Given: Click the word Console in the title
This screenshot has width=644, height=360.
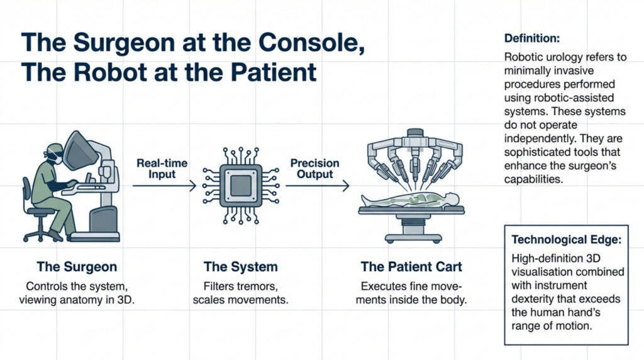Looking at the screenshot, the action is (311, 42).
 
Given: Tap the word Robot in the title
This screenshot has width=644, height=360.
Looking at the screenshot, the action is (110, 72).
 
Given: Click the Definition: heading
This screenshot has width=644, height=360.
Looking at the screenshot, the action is (532, 38).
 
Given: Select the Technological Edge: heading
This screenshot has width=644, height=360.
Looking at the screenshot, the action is (567, 240).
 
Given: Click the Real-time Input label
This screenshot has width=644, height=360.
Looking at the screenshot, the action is (162, 169).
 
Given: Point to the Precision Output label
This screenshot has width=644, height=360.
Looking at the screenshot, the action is (314, 169).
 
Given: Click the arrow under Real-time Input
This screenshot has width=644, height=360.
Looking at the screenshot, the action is (164, 186).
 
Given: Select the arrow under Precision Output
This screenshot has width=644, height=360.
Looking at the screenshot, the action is (318, 186).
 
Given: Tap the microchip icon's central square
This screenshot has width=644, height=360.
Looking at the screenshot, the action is (241, 186).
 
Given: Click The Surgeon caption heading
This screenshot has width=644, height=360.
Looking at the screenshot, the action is (77, 267).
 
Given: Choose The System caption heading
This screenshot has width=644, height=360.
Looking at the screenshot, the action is (241, 267).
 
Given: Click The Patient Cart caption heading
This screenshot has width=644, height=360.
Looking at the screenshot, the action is (411, 267).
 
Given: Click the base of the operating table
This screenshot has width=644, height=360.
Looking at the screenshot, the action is (413, 238).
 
